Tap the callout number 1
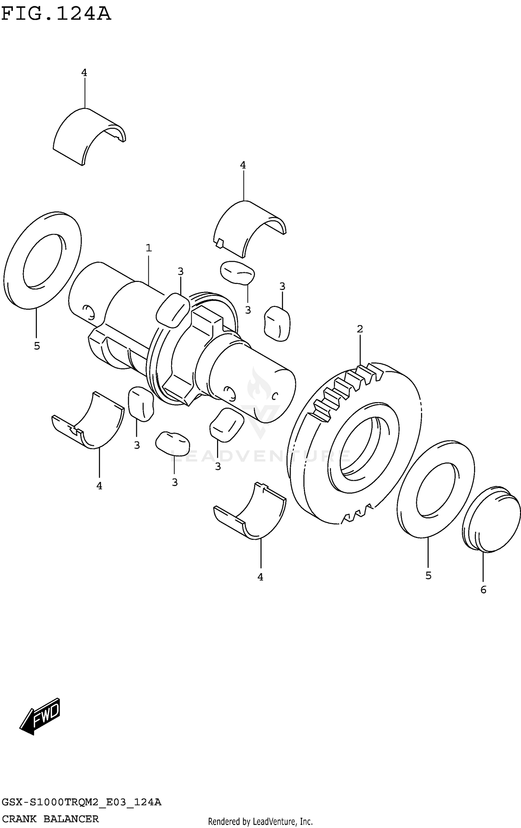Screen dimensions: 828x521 [149, 248]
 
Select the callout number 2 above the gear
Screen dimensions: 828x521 [360, 328]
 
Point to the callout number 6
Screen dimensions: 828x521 [483, 590]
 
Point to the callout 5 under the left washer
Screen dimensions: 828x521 [37, 346]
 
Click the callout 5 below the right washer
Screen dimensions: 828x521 [428, 576]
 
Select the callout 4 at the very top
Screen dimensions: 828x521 [84, 73]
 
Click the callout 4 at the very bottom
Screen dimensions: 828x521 [260, 577]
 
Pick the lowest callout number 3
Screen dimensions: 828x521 [175, 482]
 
